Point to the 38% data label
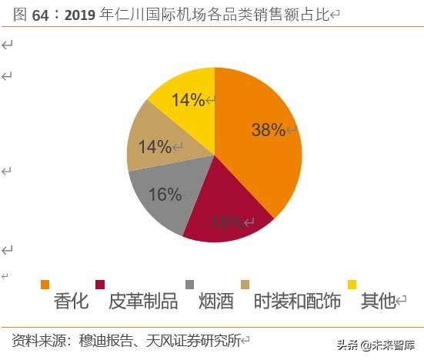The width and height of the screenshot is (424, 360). coord(268,130)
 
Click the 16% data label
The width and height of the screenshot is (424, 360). coord(165,195)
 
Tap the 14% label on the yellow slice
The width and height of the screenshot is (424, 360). coord(188,100)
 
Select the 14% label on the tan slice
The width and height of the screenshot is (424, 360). coord(155,147)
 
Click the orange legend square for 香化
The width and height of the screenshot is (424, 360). coord(45,285)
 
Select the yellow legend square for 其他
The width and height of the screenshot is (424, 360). coord(352,285)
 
